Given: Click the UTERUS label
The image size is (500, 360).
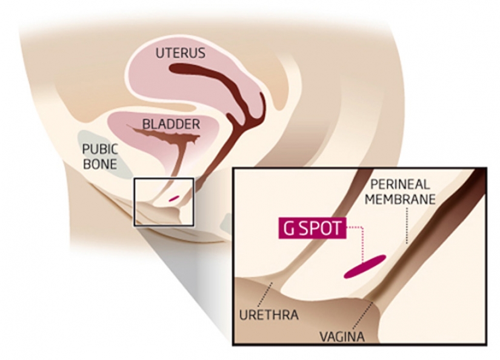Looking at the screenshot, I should click(x=180, y=53).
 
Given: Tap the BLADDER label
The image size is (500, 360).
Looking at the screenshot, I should click(x=171, y=124).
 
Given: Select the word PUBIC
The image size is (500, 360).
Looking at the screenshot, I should click(x=100, y=149).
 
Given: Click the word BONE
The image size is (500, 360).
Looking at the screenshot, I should click(x=99, y=164).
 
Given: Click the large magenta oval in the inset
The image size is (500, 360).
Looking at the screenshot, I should click(x=365, y=267).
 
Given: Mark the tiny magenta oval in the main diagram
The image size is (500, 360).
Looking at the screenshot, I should click(x=173, y=198).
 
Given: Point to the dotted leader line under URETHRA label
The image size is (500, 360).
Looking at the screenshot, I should click(x=265, y=295).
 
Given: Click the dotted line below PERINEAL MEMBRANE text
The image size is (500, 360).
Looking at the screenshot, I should click(x=407, y=224).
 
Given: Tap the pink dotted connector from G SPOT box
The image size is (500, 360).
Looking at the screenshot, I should click(x=360, y=242).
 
